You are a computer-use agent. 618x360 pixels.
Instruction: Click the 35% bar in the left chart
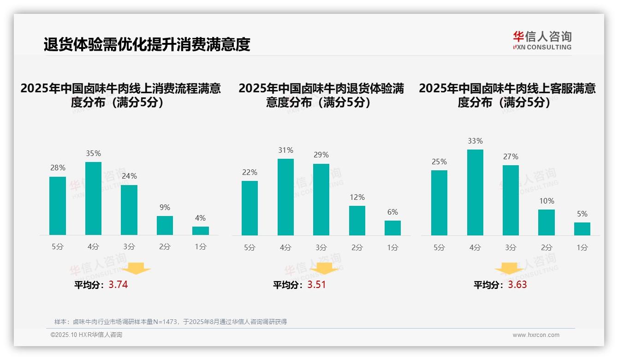[x=93, y=198]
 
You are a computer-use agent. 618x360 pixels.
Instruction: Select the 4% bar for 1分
[x=201, y=231]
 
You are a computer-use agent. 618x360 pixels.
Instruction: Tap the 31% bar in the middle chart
[x=285, y=197]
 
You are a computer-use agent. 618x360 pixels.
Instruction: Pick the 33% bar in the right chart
[x=475, y=192]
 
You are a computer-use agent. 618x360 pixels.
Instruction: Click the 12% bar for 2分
[x=357, y=221]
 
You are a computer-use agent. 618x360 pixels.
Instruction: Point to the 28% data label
[x=58, y=168]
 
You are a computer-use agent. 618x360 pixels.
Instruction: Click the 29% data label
[x=321, y=155]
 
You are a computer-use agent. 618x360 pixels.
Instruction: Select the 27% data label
[x=511, y=156]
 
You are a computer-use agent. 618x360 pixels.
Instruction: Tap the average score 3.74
[x=118, y=285]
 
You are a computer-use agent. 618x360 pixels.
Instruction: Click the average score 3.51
[x=316, y=285]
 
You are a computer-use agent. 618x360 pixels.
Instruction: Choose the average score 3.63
[x=517, y=285]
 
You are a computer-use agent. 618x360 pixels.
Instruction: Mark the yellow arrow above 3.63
[x=509, y=269]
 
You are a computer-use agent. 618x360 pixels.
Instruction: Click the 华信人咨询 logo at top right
[x=542, y=40]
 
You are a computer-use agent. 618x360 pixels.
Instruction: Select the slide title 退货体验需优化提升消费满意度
[x=147, y=44]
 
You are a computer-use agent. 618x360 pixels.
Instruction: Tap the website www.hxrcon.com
[x=535, y=335]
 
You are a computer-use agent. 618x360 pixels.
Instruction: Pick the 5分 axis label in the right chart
[x=439, y=248]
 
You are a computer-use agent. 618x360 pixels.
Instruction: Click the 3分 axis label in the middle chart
[x=321, y=248]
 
